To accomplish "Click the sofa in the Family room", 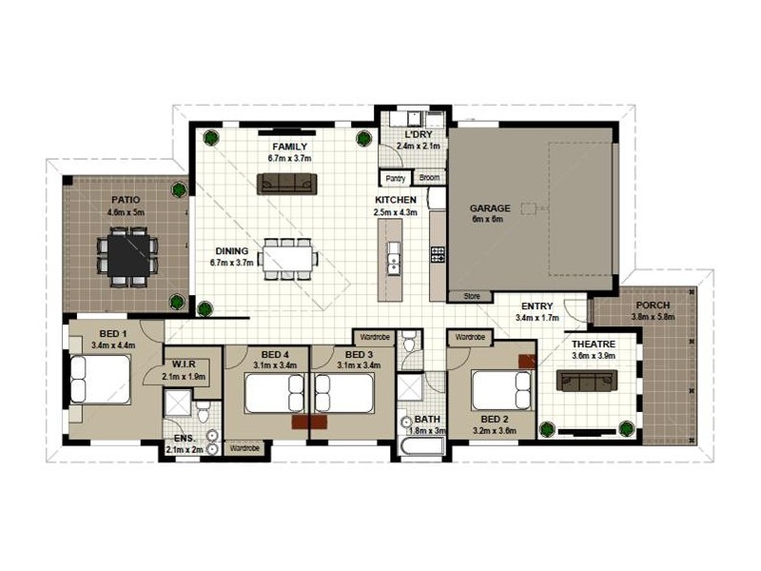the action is coord(287,184).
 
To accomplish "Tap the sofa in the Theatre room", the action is coord(587,380).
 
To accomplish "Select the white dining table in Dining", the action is coord(287,259).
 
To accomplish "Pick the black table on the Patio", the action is coord(128,255).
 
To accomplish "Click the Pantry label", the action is coord(395,178).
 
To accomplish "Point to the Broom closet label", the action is coord(429,178).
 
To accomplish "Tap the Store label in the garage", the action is coord(472,296).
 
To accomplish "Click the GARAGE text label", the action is coord(490,208).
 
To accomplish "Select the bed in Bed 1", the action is coord(101,380).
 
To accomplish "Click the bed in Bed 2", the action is coord(501,390).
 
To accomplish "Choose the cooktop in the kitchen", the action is coord(438,255).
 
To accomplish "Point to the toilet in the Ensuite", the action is coord(203,411).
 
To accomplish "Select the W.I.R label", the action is coord(184,364).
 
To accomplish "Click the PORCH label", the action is coord(653,305).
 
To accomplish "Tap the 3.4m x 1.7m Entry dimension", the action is coord(537,318).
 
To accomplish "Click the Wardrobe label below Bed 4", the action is coord(244,448).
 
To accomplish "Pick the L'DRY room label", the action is coord(418,134).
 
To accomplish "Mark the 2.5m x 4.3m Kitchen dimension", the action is coord(395,212).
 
